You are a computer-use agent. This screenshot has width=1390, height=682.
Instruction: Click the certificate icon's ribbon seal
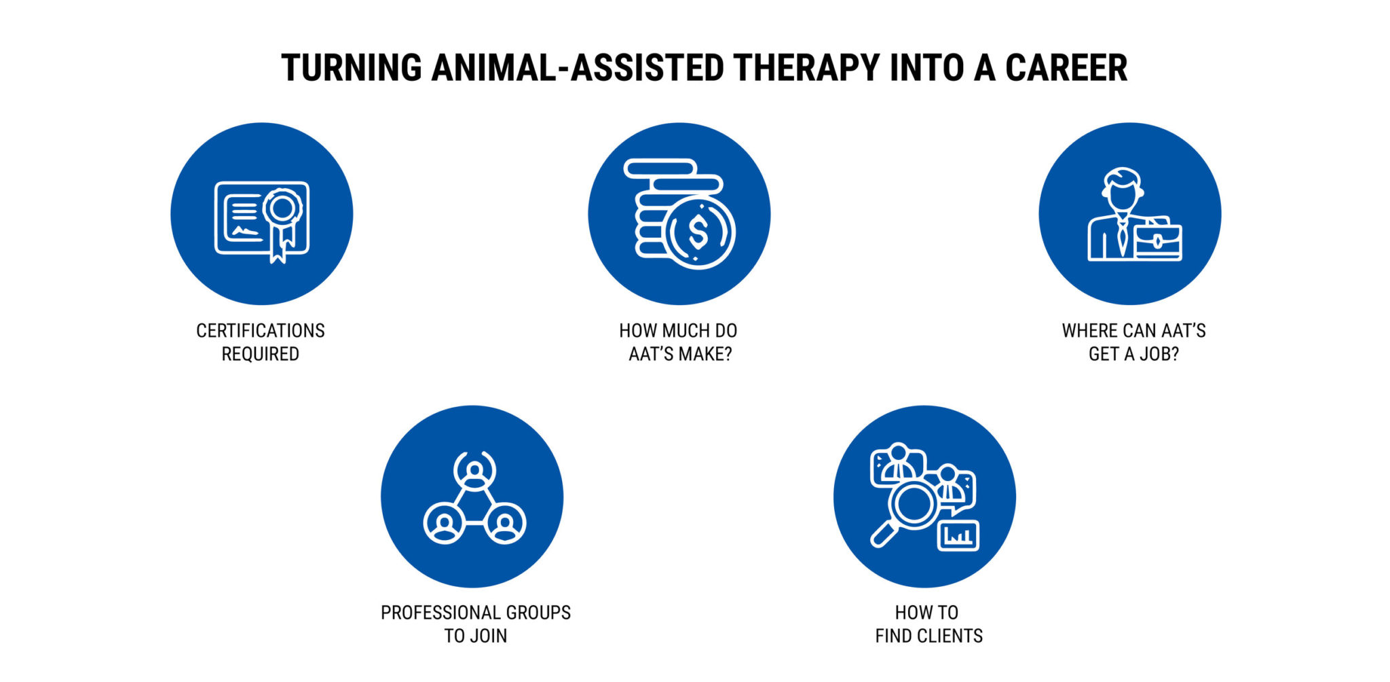click(x=282, y=209)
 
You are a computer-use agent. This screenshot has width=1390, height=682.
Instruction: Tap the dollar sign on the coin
click(x=698, y=232)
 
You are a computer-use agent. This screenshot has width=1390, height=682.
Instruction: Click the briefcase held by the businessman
click(x=1158, y=241)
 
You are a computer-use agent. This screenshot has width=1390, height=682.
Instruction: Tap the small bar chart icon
click(x=958, y=536)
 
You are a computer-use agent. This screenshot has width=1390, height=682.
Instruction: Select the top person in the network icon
click(x=474, y=470)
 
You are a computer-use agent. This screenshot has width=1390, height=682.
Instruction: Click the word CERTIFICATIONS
click(x=261, y=331)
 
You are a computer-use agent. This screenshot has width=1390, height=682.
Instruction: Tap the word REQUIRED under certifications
click(x=261, y=354)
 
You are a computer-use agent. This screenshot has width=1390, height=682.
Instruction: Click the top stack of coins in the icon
click(x=660, y=168)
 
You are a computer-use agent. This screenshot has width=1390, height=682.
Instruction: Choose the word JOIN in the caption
click(x=489, y=636)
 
